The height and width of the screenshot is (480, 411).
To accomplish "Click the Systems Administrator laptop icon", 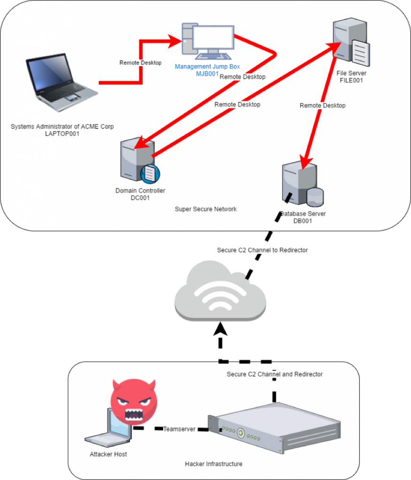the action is [x=62, y=82].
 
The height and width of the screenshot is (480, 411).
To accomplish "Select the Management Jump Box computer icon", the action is [x=208, y=41].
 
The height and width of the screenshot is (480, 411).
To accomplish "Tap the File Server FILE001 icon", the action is [x=351, y=42].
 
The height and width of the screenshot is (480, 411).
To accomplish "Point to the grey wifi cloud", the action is [x=220, y=291].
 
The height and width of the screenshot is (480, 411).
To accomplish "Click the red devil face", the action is [x=134, y=401].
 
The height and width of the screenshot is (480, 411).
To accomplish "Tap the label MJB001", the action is [x=207, y=74].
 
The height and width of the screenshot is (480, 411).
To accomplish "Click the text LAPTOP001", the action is [x=62, y=134].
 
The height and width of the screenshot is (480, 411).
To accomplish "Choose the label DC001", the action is [x=140, y=198].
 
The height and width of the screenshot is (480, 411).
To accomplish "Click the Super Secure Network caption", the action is [x=205, y=209].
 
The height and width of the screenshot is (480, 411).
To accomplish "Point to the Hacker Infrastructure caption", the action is [x=213, y=464].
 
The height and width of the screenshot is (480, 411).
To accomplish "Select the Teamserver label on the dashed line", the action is [x=179, y=429].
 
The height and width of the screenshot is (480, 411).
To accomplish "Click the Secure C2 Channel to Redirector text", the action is [x=262, y=250].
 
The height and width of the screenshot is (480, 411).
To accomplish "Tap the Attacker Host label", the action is [x=108, y=454].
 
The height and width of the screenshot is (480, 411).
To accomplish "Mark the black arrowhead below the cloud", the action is [x=221, y=328].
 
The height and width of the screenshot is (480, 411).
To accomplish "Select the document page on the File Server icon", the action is [x=360, y=52].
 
